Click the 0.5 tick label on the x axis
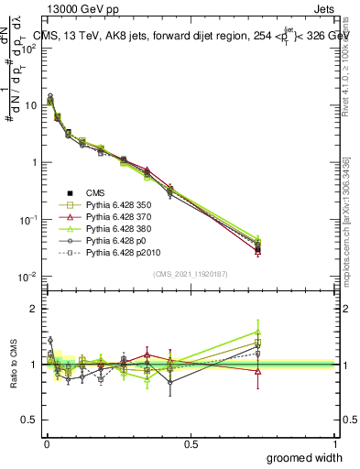pos(191,442)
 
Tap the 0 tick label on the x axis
pos(46,442)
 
